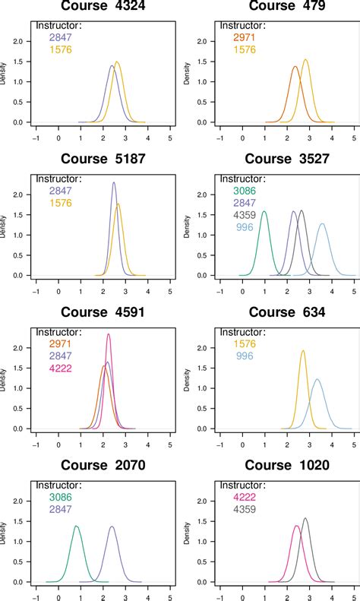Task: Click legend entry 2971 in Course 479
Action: (x=244, y=37)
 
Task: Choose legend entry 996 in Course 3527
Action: (x=244, y=226)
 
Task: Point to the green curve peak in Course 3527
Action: (x=264, y=211)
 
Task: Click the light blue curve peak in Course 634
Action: (x=317, y=378)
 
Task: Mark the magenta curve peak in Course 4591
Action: (x=109, y=334)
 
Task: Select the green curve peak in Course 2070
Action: (x=76, y=526)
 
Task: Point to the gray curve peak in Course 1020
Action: (x=305, y=518)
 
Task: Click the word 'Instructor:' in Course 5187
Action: (x=59, y=179)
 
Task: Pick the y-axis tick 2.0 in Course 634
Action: (x=201, y=348)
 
